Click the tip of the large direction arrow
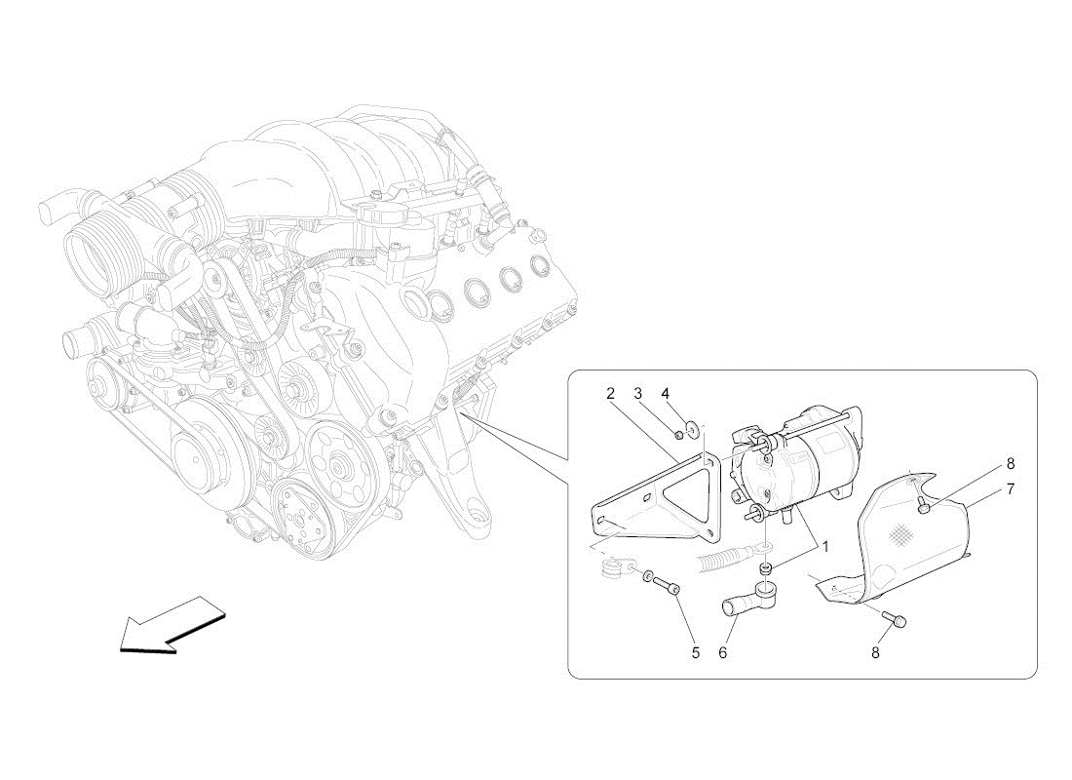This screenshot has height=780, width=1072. [x=120, y=648]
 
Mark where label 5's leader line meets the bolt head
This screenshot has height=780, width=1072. [x=677, y=592]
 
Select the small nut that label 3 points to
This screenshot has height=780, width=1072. [x=678, y=434]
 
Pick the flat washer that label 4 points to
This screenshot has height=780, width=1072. [x=695, y=429]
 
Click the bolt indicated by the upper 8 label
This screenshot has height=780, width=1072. [x=923, y=506]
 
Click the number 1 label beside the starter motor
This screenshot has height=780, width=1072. [x=825, y=547]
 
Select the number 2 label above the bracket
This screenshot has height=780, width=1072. [x=610, y=394]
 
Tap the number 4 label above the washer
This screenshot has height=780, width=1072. [x=666, y=394]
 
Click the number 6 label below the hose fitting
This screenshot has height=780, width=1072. [x=723, y=652]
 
